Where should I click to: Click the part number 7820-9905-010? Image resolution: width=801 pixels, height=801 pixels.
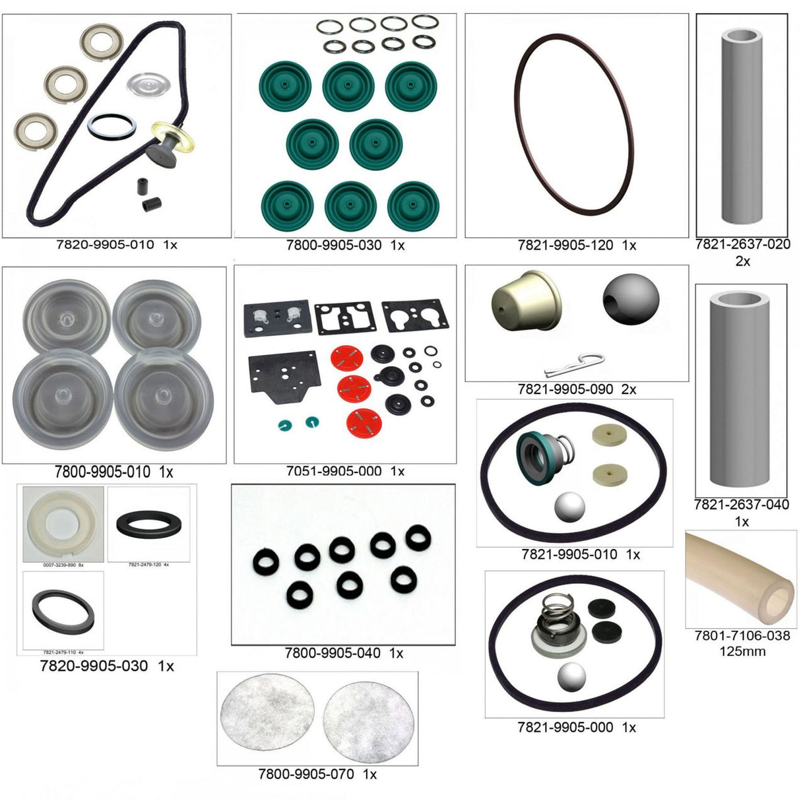pos(105,245)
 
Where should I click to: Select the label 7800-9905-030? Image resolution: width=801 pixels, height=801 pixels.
pos(333,245)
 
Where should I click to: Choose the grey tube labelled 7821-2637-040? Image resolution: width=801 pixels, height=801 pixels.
pos(742,391)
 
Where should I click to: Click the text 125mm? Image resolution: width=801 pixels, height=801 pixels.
pos(742,652)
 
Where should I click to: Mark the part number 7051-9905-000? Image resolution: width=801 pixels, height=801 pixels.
pos(334,471)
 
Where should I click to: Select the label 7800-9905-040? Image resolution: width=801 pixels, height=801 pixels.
pos(333,653)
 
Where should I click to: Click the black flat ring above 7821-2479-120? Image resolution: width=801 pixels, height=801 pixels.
pos(148,525)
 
